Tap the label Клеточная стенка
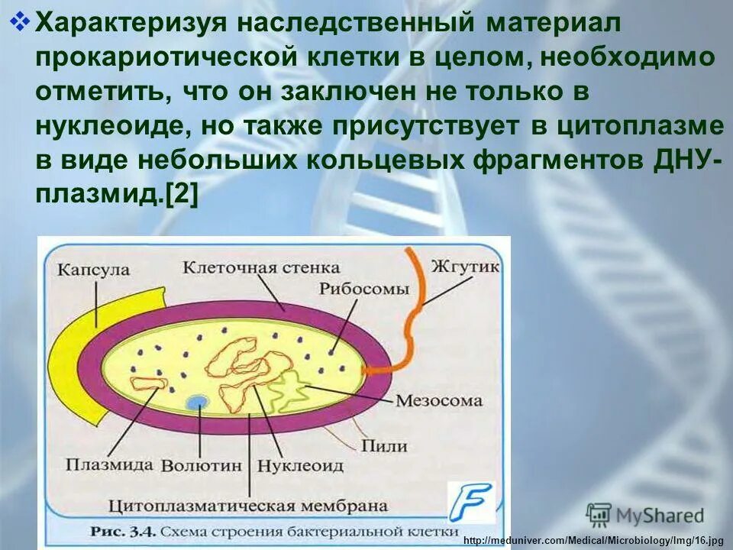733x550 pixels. point(261,267)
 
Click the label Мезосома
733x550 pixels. point(440,400)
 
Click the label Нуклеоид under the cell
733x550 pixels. point(300,464)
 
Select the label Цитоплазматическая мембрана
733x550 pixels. point(249,505)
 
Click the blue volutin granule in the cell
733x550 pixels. point(198,402)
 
